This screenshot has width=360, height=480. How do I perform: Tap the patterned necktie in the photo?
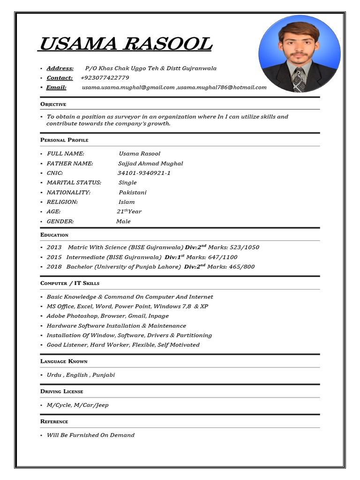click(x=298, y=79)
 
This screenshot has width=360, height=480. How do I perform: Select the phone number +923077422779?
click(x=105, y=78)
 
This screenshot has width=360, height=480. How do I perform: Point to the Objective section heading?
click(x=53, y=104)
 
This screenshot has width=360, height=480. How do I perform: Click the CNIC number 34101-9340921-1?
click(x=144, y=173)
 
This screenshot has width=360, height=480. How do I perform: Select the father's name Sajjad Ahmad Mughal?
click(x=150, y=164)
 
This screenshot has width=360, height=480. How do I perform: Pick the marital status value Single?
click(x=127, y=183)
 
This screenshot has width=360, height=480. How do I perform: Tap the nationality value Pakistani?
click(x=133, y=192)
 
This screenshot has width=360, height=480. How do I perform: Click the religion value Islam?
click(x=127, y=202)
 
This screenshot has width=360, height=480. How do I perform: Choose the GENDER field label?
click(x=60, y=221)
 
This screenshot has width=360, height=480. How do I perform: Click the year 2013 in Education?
click(x=54, y=247)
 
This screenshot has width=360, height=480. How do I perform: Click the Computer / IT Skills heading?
click(x=70, y=283)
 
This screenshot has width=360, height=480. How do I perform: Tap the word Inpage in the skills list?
click(x=158, y=316)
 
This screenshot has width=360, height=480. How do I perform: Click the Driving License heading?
click(x=61, y=391)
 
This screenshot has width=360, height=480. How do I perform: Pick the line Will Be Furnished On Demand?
click(x=90, y=435)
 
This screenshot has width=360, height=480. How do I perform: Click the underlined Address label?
click(x=60, y=68)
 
